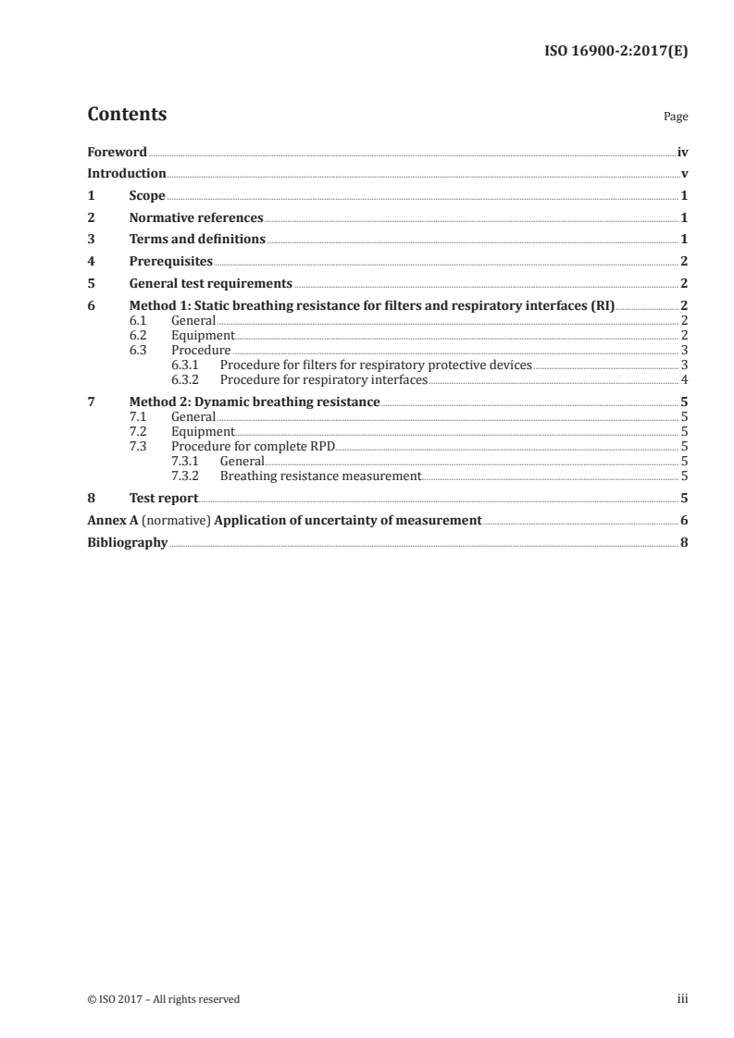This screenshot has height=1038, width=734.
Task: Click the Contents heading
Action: pyautogui.click(x=127, y=115)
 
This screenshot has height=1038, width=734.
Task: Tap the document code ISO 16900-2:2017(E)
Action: pyautogui.click(x=615, y=52)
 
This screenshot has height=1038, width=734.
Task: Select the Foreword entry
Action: pyautogui.click(x=117, y=152)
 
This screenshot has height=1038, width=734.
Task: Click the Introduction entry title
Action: pyautogui.click(x=127, y=173)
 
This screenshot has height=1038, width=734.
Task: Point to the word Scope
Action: pyautogui.click(x=147, y=195)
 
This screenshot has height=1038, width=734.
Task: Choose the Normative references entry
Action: pyautogui.click(x=196, y=217)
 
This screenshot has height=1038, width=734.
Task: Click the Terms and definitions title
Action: pyautogui.click(x=197, y=239)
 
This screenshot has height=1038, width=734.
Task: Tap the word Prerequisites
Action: pyautogui.click(x=171, y=261)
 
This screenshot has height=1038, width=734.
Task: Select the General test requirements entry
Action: pyautogui.click(x=211, y=283)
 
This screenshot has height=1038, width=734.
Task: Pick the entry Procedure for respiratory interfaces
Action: pyautogui.click(x=324, y=379)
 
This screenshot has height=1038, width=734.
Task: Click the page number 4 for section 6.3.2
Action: pyautogui.click(x=683, y=379)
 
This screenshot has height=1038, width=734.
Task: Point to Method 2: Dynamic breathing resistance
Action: pyautogui.click(x=255, y=402)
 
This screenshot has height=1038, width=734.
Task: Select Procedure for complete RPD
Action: pyautogui.click(x=253, y=446)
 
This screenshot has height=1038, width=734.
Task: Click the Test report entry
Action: pyautogui.click(x=164, y=498)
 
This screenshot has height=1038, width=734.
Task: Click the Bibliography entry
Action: pyautogui.click(x=127, y=542)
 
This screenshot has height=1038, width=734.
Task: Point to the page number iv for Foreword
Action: pyautogui.click(x=682, y=152)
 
